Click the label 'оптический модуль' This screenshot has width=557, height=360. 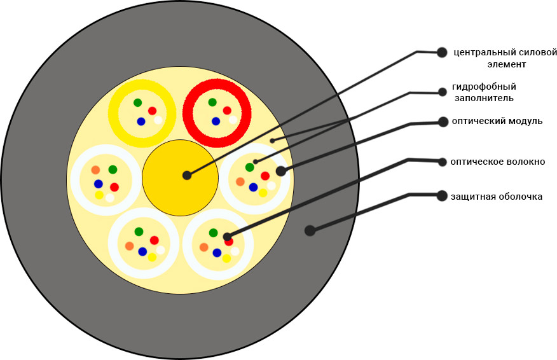point(497,121)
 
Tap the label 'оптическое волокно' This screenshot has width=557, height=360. point(497,162)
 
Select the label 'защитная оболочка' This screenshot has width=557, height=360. point(496,197)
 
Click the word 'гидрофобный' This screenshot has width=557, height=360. point(484,87)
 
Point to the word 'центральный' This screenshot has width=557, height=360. point(477,52)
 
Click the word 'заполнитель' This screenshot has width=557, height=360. point(484,99)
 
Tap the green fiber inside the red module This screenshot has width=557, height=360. point(212,102)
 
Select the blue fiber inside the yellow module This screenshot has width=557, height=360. point(141,121)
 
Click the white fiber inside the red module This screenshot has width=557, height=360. point(233,120)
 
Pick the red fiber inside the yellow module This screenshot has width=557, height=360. point(152,111)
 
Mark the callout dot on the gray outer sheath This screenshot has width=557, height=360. point(310,230)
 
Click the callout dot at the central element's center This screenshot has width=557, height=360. point(186,175)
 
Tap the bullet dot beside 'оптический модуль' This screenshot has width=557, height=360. point(443,121)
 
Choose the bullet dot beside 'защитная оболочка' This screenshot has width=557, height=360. point(443,196)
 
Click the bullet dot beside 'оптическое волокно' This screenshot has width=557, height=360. point(443,162)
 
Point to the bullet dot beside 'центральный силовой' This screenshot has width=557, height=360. point(443,52)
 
